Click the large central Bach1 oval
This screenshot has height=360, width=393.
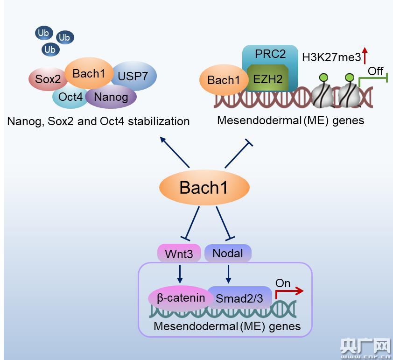point(204,188)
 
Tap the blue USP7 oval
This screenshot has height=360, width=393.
point(133,76)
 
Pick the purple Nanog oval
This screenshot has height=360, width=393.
point(111,97)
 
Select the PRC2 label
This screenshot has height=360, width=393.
point(270,54)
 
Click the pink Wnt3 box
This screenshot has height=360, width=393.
point(179,254)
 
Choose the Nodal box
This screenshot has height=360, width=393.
point(228,253)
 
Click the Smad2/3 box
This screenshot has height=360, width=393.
point(239,298)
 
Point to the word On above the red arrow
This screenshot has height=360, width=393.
point(283,283)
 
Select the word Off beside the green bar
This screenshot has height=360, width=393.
point(376,71)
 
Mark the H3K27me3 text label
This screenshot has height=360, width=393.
point(331,57)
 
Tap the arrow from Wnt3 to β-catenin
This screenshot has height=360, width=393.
point(180,273)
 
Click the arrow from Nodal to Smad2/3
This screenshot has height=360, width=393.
point(229,273)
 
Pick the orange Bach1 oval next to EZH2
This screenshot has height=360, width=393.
point(224,80)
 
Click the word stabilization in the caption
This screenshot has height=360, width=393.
point(157,121)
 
